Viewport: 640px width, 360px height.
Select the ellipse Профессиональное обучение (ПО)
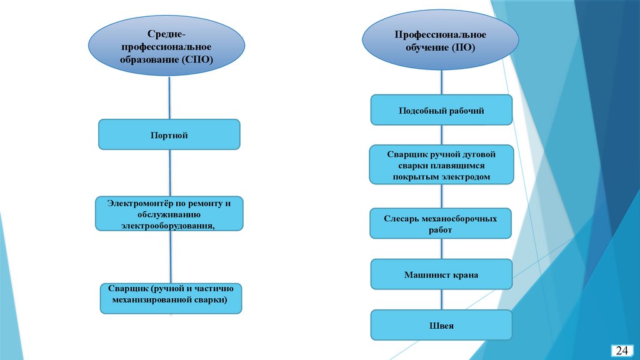pos(440,40)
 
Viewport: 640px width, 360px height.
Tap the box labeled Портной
pos(169,134)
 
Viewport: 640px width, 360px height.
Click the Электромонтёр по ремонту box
pos(169,214)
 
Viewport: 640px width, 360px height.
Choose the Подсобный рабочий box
pos(441,111)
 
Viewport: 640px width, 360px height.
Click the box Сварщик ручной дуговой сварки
pos(441,165)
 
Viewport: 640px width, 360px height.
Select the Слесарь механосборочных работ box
pos(441,224)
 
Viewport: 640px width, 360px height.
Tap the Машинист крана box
pos(441,274)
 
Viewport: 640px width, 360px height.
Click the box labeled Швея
pos(441,326)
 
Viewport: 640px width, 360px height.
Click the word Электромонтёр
pos(137,204)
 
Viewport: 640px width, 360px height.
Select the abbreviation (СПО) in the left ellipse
pos(197,59)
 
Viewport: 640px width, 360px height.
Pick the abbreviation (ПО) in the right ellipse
pos(463,47)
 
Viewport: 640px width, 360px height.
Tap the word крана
pos(464,275)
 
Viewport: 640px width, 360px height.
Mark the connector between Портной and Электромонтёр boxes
pos(170,173)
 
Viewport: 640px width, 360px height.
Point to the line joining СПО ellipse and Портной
pos(169,97)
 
